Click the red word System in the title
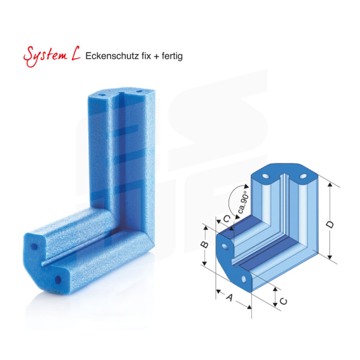[x=44, y=56]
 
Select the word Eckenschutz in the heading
[x=110, y=56]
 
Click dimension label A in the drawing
[x=229, y=296]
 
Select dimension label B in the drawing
[x=204, y=245]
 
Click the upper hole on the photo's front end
[x=34, y=247]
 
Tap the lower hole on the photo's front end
[x=58, y=280]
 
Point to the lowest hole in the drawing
[x=244, y=279]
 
